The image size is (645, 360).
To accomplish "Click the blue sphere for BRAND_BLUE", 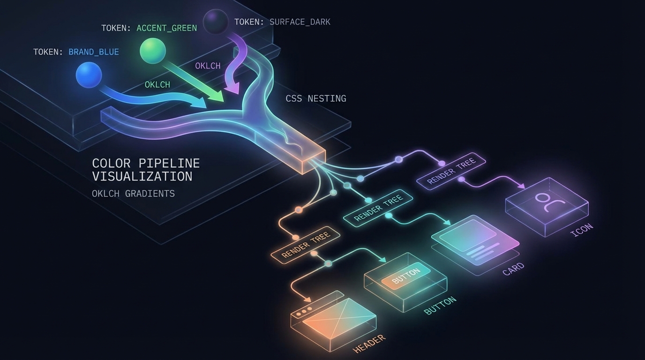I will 89,75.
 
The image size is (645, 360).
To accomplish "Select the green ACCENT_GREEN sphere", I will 153,51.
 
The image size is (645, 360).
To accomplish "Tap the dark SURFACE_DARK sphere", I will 216,22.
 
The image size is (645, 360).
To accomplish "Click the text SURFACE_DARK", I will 300,22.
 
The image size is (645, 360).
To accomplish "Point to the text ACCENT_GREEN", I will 166,28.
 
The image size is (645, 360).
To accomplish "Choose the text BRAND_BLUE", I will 94,52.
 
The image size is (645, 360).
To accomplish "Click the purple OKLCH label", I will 208,66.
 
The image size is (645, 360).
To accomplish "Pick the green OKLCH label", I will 157,85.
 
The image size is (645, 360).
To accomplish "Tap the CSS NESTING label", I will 316,99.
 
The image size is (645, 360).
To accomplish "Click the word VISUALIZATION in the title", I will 142,177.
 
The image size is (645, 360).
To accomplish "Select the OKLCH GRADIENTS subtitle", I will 133,194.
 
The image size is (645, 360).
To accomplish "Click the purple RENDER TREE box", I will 451,171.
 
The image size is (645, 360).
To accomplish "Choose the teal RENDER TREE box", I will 378,208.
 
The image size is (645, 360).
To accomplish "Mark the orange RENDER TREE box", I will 306,245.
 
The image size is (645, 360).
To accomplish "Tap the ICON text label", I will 582,230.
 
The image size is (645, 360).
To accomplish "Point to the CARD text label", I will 513,270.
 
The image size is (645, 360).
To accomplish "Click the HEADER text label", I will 369,344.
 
